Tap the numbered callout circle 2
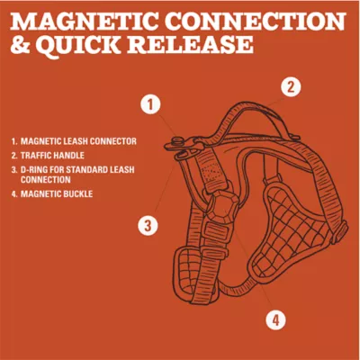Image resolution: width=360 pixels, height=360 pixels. [290, 87]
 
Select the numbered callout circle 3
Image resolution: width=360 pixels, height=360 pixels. [148, 225]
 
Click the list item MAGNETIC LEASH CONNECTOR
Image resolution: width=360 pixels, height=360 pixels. [77, 141]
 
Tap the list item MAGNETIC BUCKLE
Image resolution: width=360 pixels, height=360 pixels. [56, 193]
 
